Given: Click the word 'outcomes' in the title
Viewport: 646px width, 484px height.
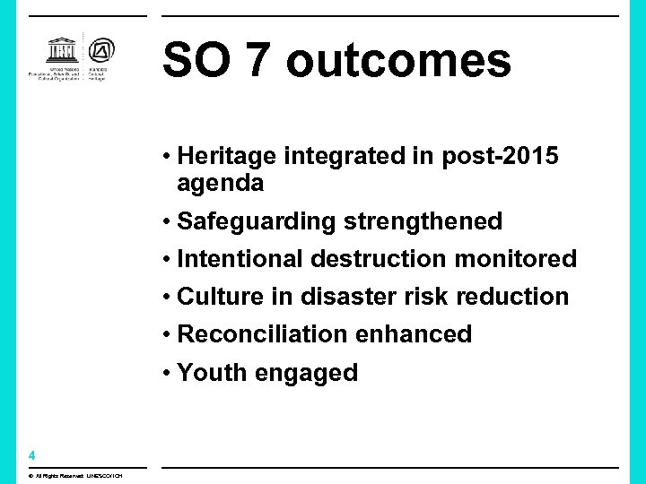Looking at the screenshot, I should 398,62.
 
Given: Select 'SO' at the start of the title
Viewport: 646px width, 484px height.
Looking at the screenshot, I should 192,62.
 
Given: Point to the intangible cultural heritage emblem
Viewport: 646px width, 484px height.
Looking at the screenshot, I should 97,53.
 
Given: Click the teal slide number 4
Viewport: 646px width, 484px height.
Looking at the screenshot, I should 31,454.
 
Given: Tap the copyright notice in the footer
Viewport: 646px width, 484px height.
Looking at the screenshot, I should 76,475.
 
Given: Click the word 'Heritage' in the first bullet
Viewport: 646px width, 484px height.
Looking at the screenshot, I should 227,157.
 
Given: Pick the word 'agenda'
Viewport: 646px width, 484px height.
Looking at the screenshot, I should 221,185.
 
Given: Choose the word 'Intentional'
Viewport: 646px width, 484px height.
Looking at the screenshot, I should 240,259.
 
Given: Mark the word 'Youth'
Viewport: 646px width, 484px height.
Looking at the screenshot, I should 212,373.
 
